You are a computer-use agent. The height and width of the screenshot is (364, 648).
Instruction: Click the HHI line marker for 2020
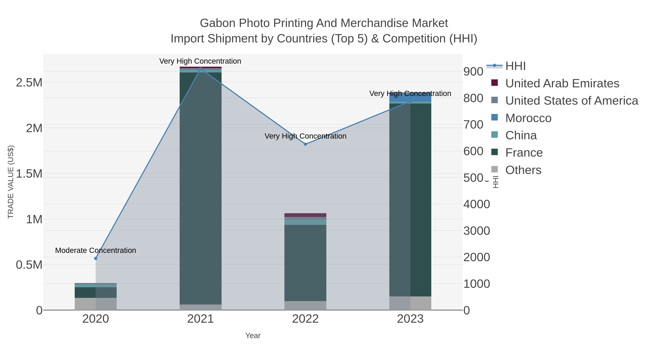(x=96, y=258)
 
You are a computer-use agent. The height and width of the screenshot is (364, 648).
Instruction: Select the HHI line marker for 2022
(x=305, y=144)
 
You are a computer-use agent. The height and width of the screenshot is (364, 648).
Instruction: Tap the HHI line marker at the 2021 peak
(x=201, y=68)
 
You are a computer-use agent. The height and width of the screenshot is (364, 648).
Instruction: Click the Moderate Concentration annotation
(x=96, y=250)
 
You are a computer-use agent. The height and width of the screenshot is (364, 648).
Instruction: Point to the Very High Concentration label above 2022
(x=305, y=136)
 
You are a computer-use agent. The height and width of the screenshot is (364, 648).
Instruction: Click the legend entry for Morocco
(x=528, y=118)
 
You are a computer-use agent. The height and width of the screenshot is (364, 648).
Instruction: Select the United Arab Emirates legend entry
(x=562, y=83)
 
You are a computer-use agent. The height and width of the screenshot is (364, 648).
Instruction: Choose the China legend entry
(x=521, y=135)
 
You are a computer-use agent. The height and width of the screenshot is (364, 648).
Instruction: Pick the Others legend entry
(x=523, y=170)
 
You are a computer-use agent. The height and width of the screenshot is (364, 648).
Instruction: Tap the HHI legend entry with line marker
(x=515, y=66)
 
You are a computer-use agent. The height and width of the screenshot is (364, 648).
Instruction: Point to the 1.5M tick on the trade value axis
(x=29, y=174)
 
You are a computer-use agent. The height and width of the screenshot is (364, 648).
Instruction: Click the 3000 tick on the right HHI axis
(x=477, y=231)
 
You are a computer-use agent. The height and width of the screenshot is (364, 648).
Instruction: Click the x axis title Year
(x=253, y=336)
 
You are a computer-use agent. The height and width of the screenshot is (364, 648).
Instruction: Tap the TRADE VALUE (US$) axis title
(x=11, y=182)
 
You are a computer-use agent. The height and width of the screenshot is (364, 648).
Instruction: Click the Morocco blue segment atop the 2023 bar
(x=410, y=97)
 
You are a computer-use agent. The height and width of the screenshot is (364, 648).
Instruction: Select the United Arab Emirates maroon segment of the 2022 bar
(x=305, y=215)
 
